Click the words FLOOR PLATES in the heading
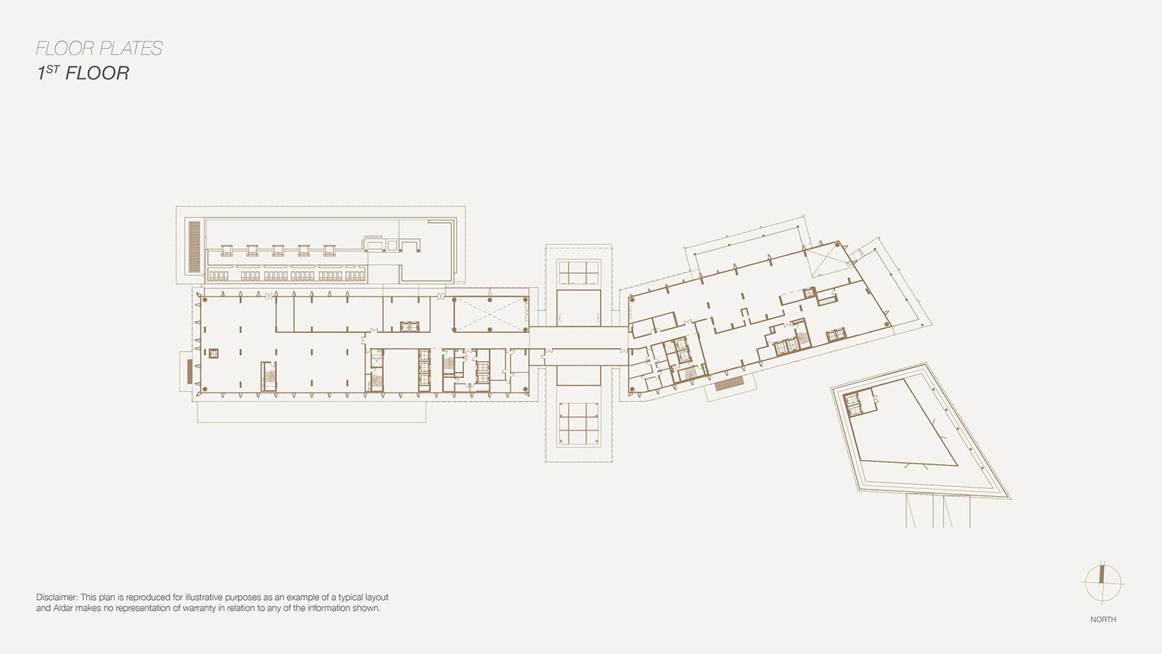[x=99, y=48]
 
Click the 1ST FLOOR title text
[x=83, y=73]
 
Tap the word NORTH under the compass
[x=1103, y=619]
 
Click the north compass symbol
[x=1102, y=583]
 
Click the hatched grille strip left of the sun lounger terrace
[x=195, y=246]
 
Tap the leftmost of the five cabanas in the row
[x=226, y=251]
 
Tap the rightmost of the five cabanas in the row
[x=330, y=251]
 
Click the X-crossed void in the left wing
[x=490, y=314]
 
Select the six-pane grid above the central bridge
[x=578, y=272]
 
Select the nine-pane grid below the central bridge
[x=578, y=424]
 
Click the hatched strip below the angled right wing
[x=729, y=386]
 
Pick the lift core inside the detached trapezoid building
[x=852, y=403]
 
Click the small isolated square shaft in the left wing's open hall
[x=214, y=353]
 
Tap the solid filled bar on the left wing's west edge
[x=190, y=371]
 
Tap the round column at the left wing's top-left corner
[x=204, y=299]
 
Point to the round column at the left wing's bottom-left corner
[x=204, y=389]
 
